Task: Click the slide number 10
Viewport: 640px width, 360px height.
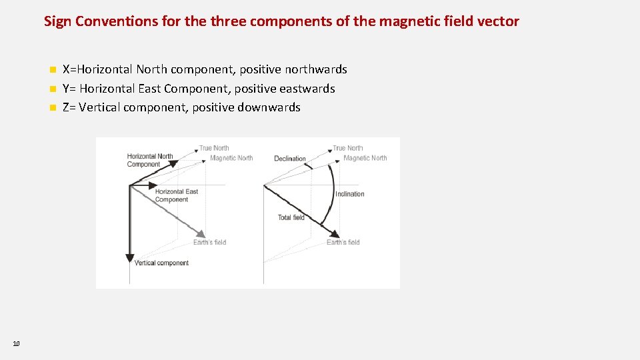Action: pyautogui.click(x=16, y=343)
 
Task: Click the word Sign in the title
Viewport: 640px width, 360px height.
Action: pyautogui.click(x=57, y=21)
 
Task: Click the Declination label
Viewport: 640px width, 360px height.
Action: pyautogui.click(x=290, y=159)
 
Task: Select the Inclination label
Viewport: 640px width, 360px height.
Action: pyautogui.click(x=350, y=194)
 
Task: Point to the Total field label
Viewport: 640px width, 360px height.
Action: pyautogui.click(x=291, y=217)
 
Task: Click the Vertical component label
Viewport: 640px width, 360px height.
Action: pyautogui.click(x=161, y=263)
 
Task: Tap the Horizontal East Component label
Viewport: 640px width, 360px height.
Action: pyautogui.click(x=177, y=195)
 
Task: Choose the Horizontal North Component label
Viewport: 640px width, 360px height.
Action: pyautogui.click(x=150, y=160)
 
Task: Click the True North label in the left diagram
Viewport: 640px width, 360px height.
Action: pyautogui.click(x=214, y=148)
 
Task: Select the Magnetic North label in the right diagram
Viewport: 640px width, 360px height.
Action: pyautogui.click(x=365, y=158)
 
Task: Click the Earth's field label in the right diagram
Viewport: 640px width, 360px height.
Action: pyautogui.click(x=343, y=242)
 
